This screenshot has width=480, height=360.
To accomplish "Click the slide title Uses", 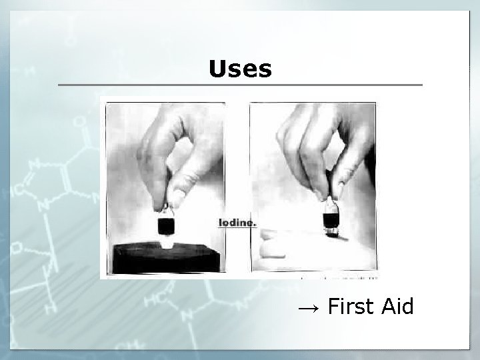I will [x=240, y=68].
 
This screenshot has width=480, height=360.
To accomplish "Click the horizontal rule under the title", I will [x=240, y=85].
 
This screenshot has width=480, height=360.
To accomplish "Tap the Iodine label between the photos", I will [x=237, y=223].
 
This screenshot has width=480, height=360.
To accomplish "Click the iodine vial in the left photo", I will [x=165, y=224].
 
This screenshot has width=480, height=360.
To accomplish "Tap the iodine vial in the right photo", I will [x=331, y=217].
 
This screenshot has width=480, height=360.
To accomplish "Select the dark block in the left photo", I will [x=163, y=260].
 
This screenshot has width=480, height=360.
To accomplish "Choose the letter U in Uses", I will [x=217, y=68].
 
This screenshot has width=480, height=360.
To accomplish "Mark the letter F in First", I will [x=333, y=307].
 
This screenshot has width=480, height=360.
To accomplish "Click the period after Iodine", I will [x=255, y=225].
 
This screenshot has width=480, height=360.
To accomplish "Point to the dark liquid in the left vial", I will [x=165, y=225].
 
